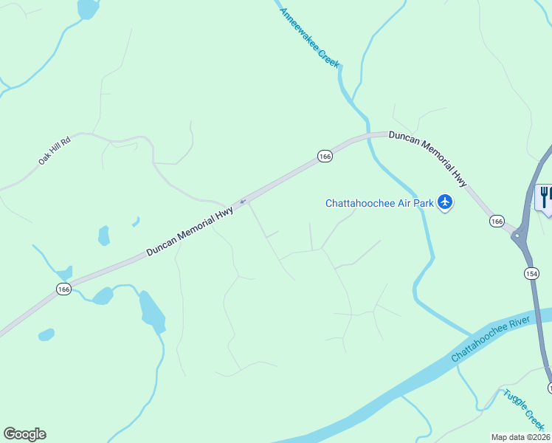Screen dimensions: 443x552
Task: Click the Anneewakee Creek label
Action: click(310, 38)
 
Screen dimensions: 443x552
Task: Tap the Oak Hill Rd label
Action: click(55, 150)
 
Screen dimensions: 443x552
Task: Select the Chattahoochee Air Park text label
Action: click(380, 203)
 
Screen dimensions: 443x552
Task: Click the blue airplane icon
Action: click(444, 202)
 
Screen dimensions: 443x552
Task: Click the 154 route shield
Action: click(531, 273)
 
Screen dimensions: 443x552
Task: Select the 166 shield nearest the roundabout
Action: click(497, 221)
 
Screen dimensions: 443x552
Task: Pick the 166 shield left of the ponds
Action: click(63, 289)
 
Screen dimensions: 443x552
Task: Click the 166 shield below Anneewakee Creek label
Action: click(325, 156)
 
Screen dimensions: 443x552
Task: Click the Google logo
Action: click(24, 434)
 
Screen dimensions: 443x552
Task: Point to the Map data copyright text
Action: click(521, 437)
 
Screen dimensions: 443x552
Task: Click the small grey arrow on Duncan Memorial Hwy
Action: click(242, 201)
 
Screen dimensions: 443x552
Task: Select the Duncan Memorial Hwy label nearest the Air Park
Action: click(429, 157)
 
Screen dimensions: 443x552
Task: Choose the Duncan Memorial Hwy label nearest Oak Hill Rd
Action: click(190, 231)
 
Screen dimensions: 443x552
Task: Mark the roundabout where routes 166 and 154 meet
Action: click(517, 236)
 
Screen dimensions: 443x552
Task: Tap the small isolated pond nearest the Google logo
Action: click(46, 334)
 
